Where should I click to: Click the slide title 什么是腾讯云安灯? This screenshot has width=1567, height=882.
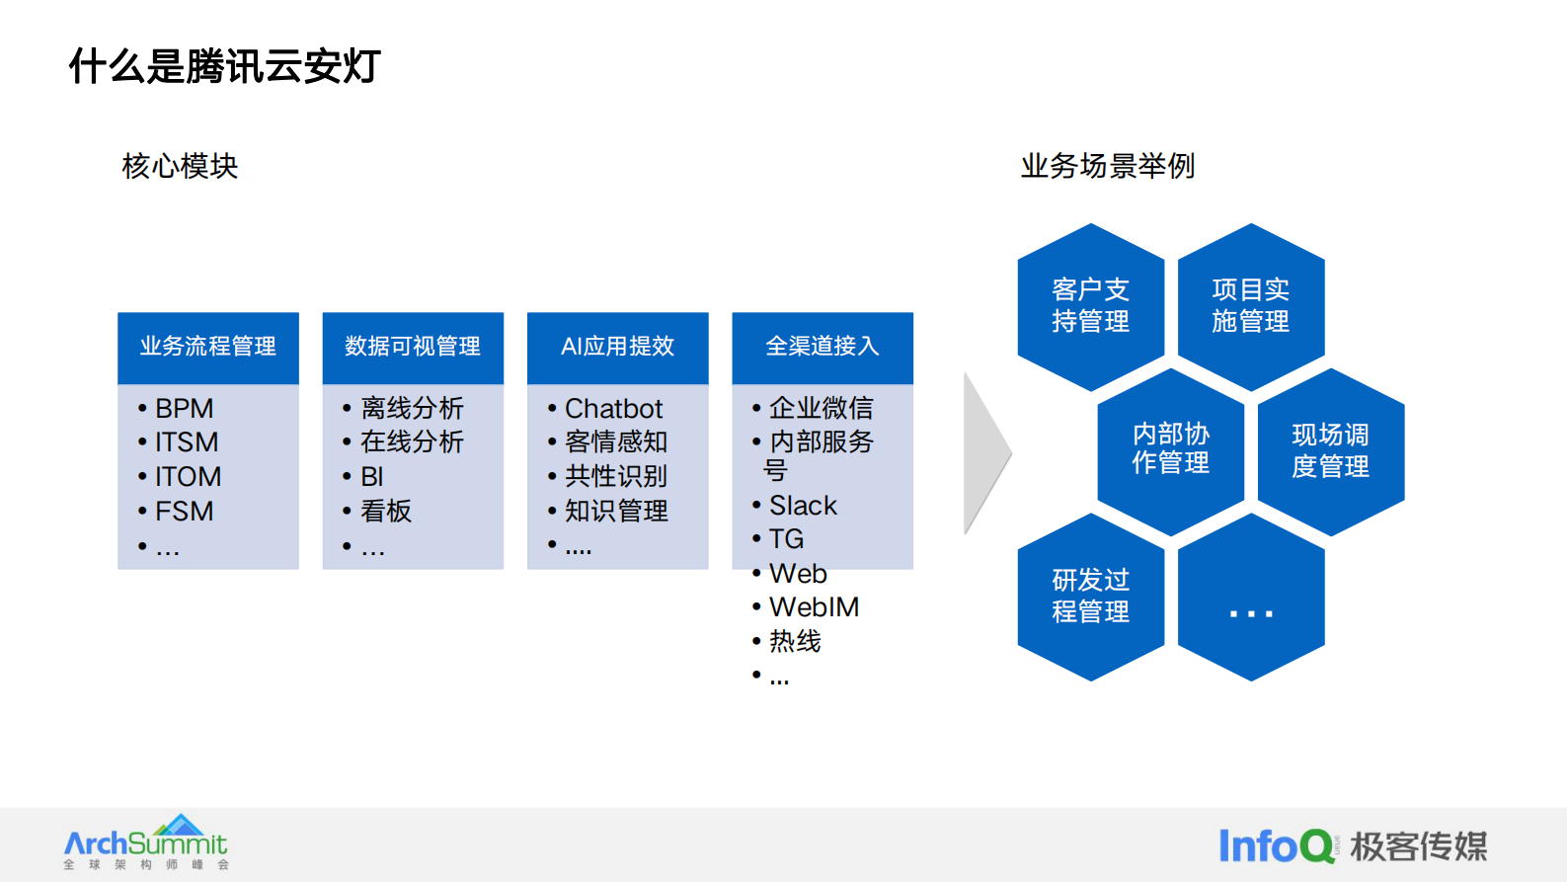224,66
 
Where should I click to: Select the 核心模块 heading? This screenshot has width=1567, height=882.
180,166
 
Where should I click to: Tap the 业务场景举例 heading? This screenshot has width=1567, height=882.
1107,166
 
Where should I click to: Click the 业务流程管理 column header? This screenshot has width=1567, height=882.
207,347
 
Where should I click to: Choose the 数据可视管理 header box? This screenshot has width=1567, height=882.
413,347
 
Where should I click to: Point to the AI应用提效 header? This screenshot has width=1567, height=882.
617,347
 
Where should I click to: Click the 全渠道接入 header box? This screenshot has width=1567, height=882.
822,347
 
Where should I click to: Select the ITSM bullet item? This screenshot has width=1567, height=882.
187,442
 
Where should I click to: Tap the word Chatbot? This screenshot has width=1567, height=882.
613,409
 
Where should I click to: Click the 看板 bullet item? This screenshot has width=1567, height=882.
386,511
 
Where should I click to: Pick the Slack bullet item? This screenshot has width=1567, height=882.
803,506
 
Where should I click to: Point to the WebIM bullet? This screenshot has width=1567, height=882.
814,607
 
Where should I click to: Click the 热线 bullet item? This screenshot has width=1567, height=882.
795,642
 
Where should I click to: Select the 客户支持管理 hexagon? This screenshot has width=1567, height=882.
1090,306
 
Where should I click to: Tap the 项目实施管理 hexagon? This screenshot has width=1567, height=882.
1250,306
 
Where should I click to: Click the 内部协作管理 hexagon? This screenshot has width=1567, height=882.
1170,450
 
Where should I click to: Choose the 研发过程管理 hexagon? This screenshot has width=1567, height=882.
1090,596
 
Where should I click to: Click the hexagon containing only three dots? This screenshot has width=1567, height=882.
1250,598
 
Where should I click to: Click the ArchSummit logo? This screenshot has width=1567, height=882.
146,842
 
